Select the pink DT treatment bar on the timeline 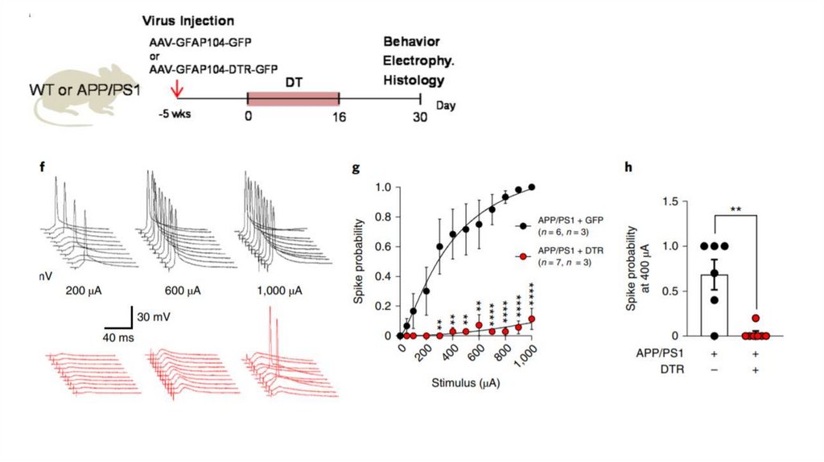[293, 98]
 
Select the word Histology [414, 80]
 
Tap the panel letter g [356, 168]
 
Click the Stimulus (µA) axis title [466, 383]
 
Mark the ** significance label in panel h [736, 210]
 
